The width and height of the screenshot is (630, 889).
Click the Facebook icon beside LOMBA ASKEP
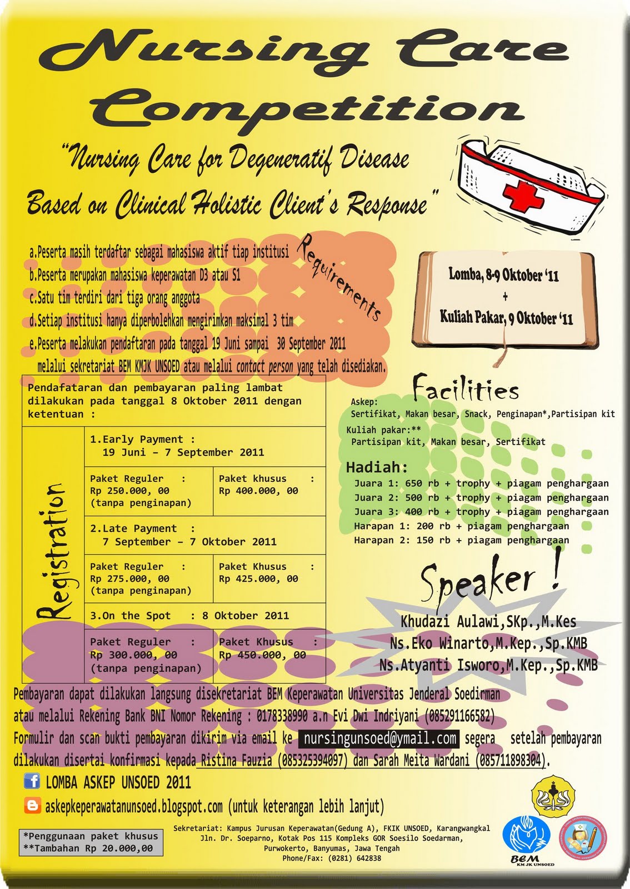click(32, 782)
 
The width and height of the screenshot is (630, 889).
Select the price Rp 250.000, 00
click(129, 491)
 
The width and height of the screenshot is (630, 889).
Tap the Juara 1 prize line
click(481, 483)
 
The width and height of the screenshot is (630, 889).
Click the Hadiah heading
click(377, 467)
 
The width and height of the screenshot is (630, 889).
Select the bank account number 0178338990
click(282, 716)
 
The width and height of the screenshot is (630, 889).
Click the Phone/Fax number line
click(331, 858)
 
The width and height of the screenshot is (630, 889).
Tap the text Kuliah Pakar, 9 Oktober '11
click(506, 318)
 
